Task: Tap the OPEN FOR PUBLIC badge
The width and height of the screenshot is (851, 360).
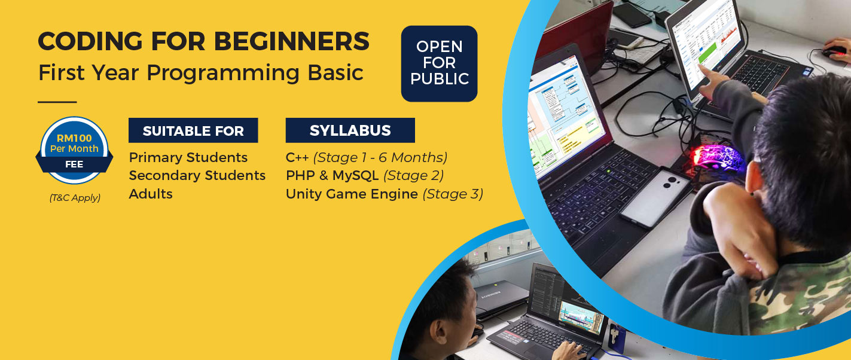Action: (x=439, y=63)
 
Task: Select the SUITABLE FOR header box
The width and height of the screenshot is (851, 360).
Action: (x=193, y=130)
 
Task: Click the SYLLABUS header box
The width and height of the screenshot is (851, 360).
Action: (x=350, y=130)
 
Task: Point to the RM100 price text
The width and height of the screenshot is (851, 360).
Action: (x=74, y=139)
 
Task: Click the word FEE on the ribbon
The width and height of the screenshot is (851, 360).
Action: (x=74, y=164)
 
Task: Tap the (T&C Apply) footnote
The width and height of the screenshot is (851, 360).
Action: (x=75, y=198)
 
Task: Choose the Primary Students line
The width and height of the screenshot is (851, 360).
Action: (x=188, y=157)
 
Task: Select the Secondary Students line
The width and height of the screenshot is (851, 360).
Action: (x=197, y=175)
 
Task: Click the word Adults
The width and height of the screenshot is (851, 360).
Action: (x=151, y=194)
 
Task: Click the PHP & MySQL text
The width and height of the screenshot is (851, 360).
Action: (x=332, y=175)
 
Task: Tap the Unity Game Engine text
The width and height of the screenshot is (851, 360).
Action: (x=352, y=194)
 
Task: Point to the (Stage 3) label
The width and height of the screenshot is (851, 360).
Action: (x=453, y=194)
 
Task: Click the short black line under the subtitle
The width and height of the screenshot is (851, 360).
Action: (x=57, y=102)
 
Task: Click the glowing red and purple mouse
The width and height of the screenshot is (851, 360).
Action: (x=716, y=157)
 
